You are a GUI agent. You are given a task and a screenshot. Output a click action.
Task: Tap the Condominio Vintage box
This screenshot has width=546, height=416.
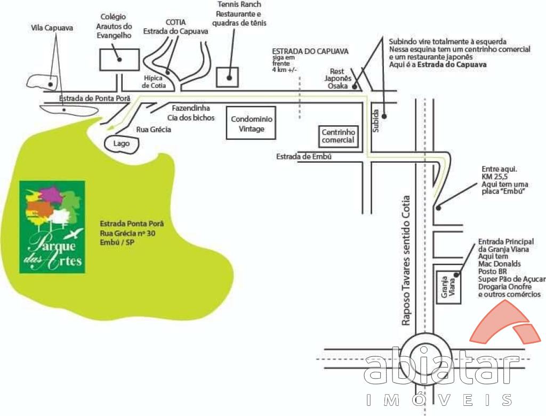point(251,124)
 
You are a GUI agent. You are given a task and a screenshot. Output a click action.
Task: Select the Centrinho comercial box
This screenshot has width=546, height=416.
point(338,136)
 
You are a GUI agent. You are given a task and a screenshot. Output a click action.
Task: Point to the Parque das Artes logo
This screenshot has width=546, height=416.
point(52,227)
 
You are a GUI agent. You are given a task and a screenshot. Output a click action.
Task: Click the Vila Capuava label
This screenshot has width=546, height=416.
point(52,27)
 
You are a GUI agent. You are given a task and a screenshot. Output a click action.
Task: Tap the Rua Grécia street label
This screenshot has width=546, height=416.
point(154,130)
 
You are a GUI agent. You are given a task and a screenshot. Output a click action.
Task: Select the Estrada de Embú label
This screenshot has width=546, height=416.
point(304,156)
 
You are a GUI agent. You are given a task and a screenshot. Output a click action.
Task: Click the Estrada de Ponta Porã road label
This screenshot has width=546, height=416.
point(92,98)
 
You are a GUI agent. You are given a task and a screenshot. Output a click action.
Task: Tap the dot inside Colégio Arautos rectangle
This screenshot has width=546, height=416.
point(120,60)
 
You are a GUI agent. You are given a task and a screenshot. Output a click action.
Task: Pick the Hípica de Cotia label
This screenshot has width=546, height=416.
point(154,82)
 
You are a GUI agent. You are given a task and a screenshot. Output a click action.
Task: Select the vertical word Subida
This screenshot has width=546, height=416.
point(375,122)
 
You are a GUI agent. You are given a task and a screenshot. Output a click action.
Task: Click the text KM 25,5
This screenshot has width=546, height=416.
point(493,176)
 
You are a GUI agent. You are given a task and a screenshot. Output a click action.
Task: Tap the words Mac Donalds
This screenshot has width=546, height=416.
point(500,264)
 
